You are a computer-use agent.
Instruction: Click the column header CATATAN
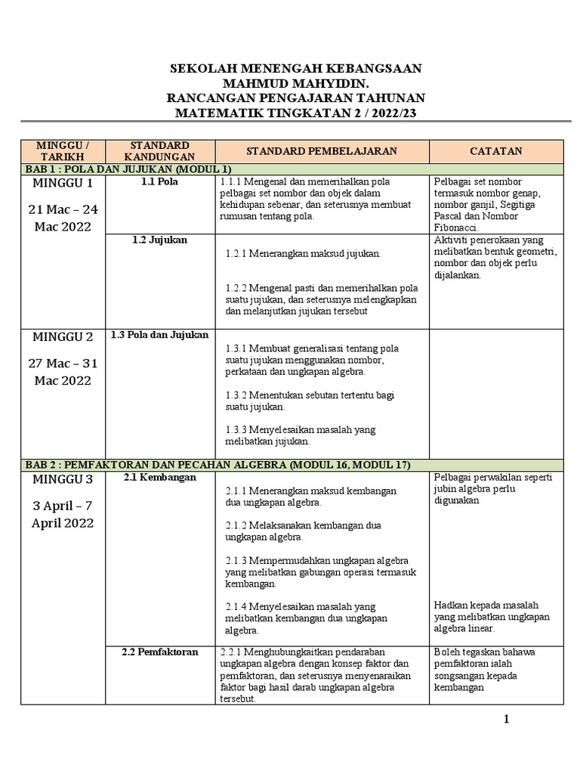click(x=495, y=150)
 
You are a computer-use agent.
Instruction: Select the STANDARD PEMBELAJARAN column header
click(x=322, y=150)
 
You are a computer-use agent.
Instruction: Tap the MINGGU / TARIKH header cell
click(x=63, y=150)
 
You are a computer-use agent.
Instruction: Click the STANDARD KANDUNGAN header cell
click(x=159, y=150)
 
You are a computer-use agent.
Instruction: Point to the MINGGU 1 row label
click(x=63, y=183)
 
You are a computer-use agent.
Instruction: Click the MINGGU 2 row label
click(x=63, y=337)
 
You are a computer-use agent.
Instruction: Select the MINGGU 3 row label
click(x=63, y=479)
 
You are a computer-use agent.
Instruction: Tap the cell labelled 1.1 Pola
click(x=159, y=182)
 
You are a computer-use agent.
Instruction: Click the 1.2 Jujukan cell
click(x=159, y=240)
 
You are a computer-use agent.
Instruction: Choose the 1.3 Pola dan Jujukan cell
click(x=159, y=335)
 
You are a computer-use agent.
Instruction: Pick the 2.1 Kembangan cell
click(x=159, y=477)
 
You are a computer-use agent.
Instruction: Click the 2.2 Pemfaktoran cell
click(x=159, y=652)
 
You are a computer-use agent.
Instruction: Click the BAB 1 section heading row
click(x=125, y=169)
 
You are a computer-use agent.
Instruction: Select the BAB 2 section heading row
click(x=215, y=464)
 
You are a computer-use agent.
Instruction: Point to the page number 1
click(x=506, y=719)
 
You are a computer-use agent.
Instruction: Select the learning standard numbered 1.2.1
click(x=303, y=254)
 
